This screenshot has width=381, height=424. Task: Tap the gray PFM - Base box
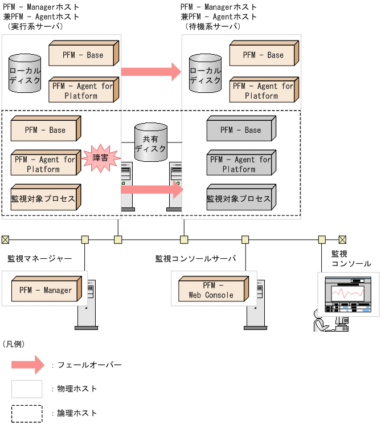click(x=242, y=129)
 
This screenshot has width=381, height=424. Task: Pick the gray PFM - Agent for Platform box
click(x=242, y=164)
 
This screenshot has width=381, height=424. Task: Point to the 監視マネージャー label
click(x=39, y=258)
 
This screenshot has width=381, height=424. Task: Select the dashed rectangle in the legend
click(x=27, y=413)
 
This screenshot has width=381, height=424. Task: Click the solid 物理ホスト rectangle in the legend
click(x=27, y=389)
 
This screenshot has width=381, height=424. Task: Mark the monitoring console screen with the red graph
click(x=347, y=293)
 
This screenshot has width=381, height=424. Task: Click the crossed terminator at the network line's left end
click(x=5, y=239)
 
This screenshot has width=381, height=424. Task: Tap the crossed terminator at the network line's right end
click(x=342, y=239)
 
